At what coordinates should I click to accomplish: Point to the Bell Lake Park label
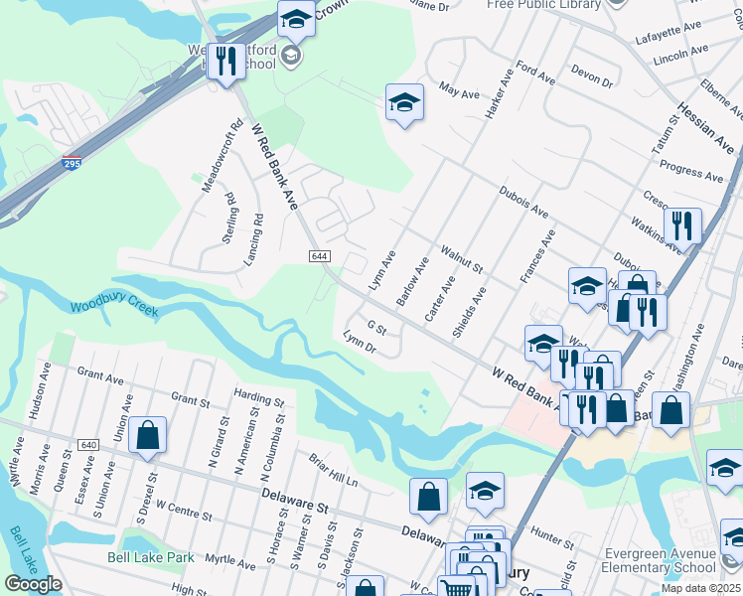[x=151, y=557]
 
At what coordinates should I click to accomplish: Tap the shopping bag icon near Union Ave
[x=147, y=435]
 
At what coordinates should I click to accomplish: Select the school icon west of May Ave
[x=404, y=102]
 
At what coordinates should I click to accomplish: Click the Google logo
[x=33, y=584]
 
